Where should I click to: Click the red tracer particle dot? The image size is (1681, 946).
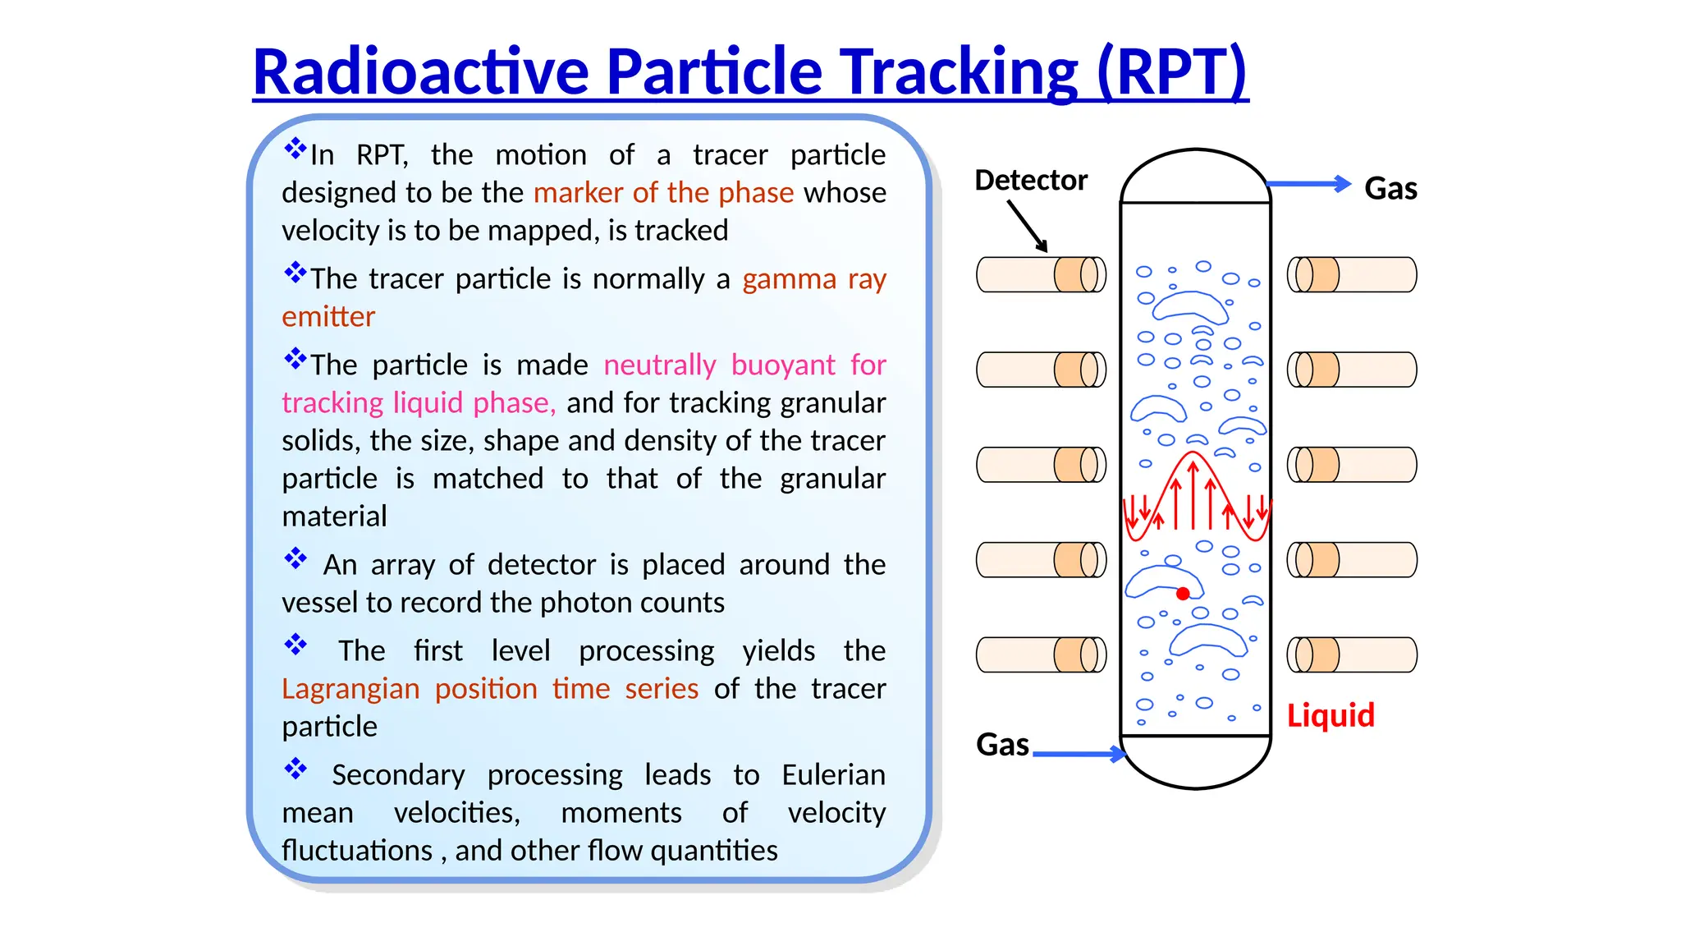pyautogui.click(x=1183, y=594)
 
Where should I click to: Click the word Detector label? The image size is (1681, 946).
pyautogui.click(x=1031, y=180)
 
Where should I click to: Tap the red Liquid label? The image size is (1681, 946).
pyautogui.click(x=1331, y=715)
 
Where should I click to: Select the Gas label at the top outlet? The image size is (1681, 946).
pyautogui.click(x=1390, y=189)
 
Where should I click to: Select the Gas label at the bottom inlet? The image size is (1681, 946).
pyautogui.click(x=1002, y=745)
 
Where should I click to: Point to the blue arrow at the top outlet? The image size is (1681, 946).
pyautogui.click(x=1309, y=184)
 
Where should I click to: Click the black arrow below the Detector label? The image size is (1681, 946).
pyautogui.click(x=1028, y=226)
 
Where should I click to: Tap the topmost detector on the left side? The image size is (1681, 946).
pyautogui.click(x=1041, y=274)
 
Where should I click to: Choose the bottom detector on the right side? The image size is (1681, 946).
pyautogui.click(x=1352, y=655)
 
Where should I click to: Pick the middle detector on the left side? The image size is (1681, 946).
pyautogui.click(x=1041, y=465)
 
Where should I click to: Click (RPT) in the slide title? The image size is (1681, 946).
pyautogui.click(x=1172, y=71)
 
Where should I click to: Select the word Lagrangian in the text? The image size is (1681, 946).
pyautogui.click(x=350, y=688)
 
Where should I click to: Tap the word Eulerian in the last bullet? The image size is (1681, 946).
pyautogui.click(x=833, y=774)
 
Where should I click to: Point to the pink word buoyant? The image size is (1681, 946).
pyautogui.click(x=783, y=365)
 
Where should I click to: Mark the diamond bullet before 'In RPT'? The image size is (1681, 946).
pyautogui.click(x=295, y=149)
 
